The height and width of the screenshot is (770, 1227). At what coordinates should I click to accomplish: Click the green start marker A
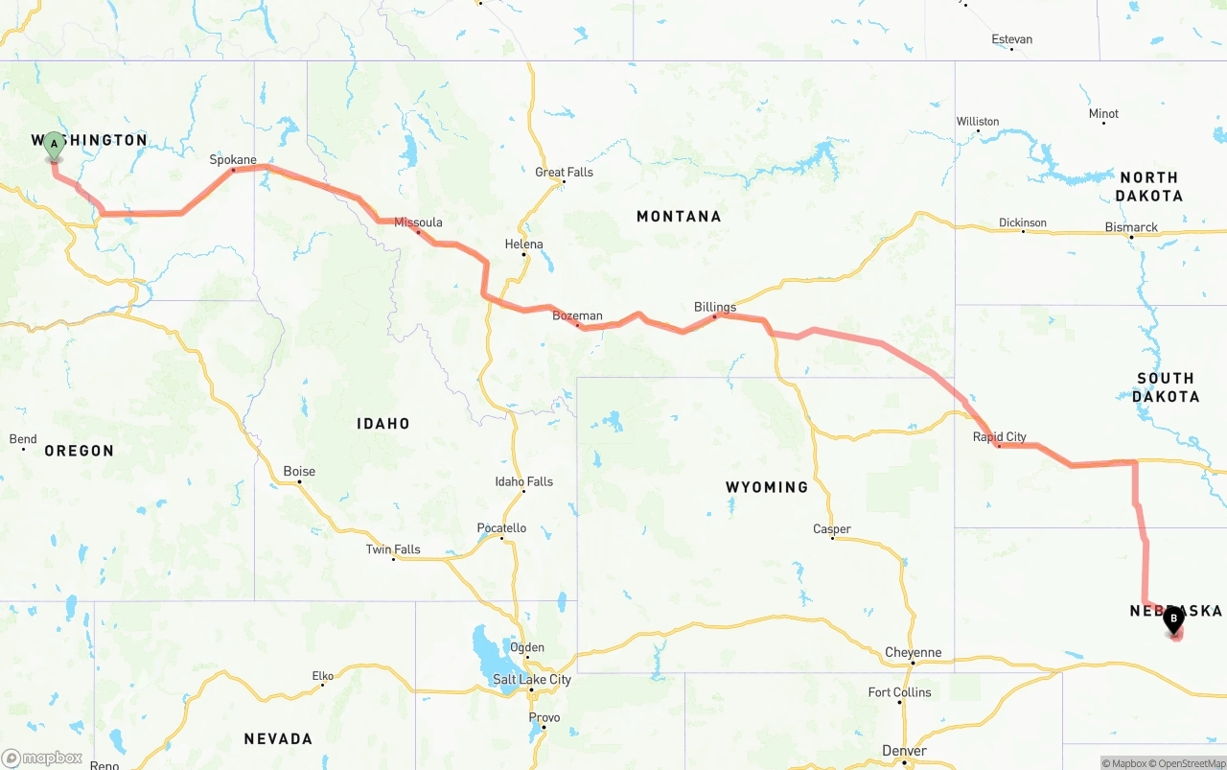[x=54, y=146]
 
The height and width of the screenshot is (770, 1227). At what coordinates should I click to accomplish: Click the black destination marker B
[x=1173, y=619]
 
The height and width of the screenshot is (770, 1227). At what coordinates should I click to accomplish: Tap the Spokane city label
[x=233, y=160]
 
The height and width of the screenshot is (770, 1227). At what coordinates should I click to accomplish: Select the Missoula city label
[x=418, y=222]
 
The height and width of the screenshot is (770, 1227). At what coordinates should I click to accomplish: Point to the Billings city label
[x=715, y=308]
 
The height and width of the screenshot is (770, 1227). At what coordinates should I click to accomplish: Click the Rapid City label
[x=999, y=437]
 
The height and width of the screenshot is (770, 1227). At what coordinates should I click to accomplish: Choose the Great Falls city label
[x=564, y=173]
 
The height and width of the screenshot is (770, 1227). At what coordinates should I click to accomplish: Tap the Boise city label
[x=299, y=472]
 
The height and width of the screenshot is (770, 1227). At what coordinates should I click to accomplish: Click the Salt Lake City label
[x=531, y=680]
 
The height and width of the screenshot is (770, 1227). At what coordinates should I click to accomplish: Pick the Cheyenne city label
[x=913, y=653]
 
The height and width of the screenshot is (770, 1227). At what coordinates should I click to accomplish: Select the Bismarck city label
[x=1131, y=228]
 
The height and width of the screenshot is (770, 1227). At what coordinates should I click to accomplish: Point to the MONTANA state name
[x=679, y=217]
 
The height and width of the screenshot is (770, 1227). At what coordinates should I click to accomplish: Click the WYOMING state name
[x=767, y=487]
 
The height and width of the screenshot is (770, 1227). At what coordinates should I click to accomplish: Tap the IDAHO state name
[x=383, y=424]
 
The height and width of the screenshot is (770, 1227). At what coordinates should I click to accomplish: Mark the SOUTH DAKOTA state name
[x=1165, y=387]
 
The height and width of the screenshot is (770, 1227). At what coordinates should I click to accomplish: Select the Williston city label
[x=978, y=122]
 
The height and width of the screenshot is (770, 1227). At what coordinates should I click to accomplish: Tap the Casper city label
[x=831, y=529]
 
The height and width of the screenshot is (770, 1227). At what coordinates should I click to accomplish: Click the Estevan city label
[x=1012, y=39]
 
